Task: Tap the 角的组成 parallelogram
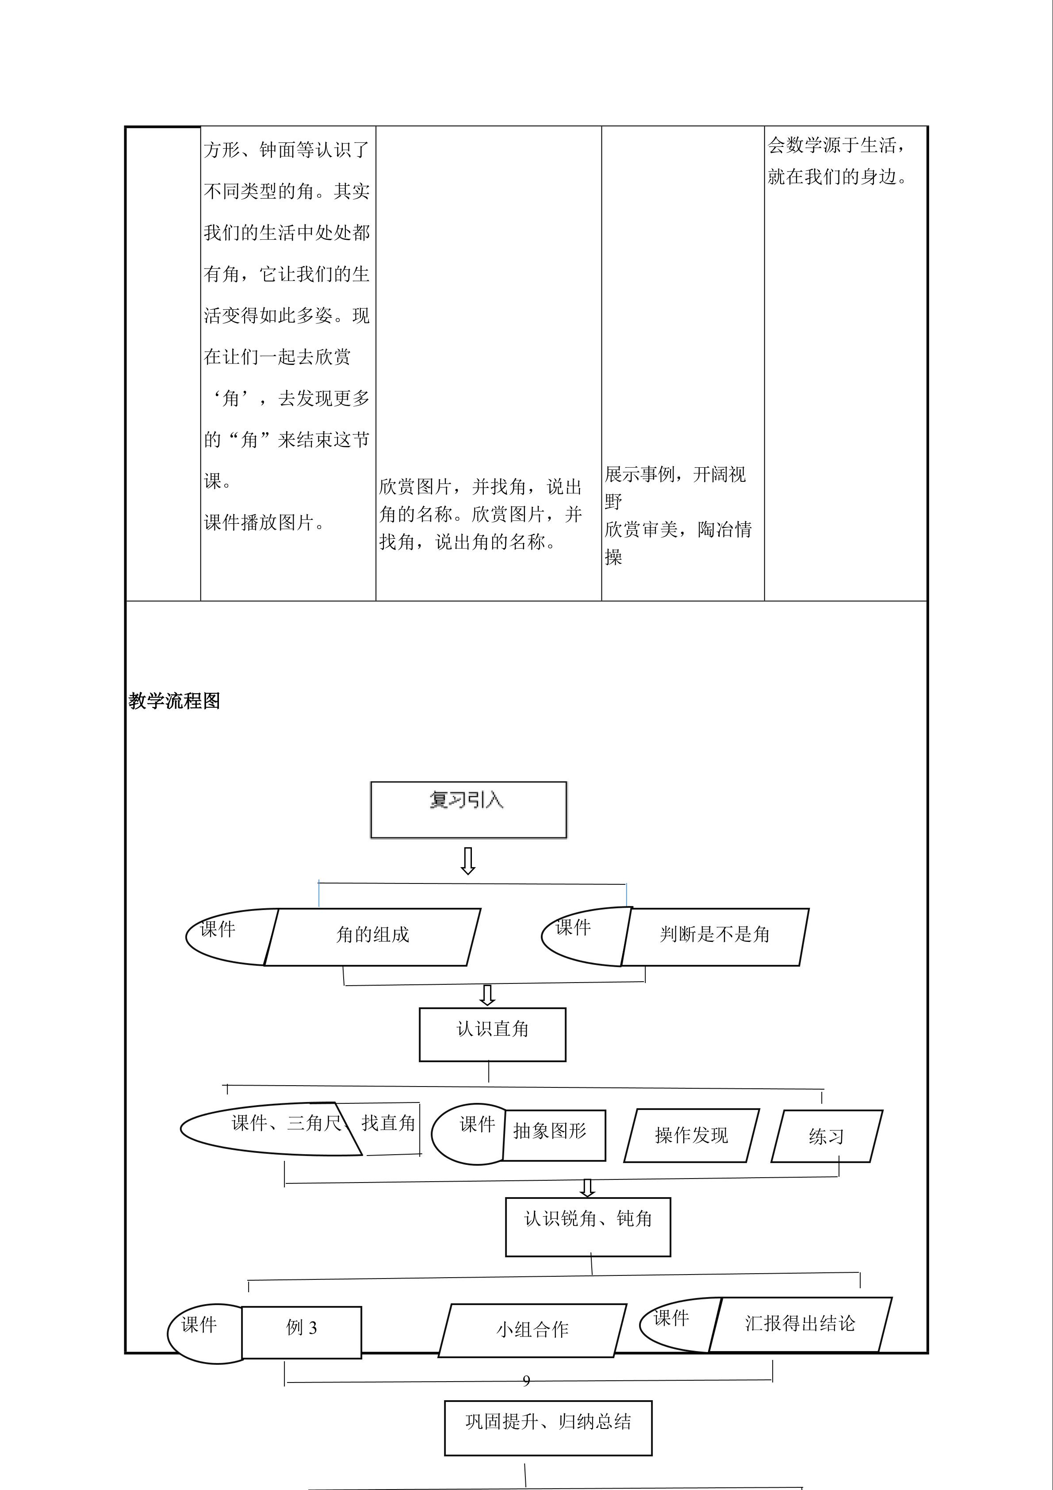click(x=372, y=936)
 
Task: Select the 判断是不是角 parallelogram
click(x=714, y=936)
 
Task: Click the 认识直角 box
click(x=492, y=1034)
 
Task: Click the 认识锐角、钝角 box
click(x=588, y=1226)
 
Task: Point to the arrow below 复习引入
click(x=468, y=860)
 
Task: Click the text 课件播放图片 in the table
click(x=264, y=522)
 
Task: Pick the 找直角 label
click(x=388, y=1123)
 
